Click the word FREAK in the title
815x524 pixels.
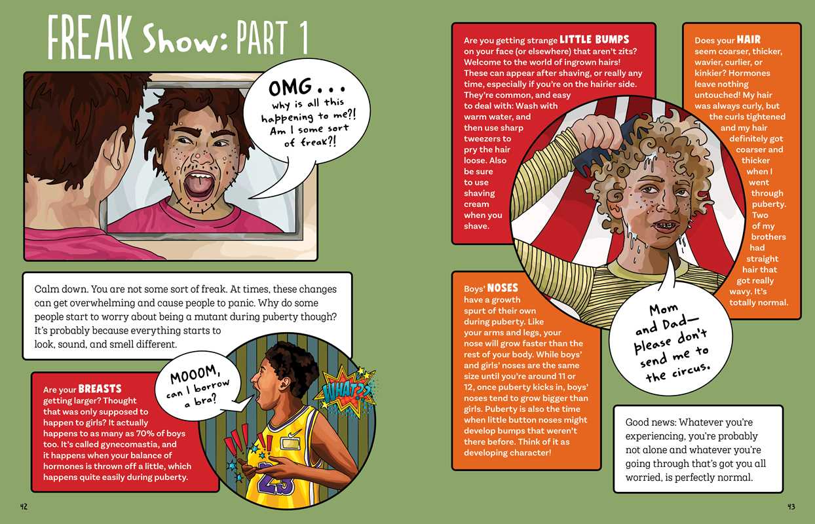(x=90, y=37)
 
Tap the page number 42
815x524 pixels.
(x=24, y=506)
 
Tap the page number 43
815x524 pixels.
(x=791, y=506)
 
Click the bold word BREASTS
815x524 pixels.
(x=100, y=388)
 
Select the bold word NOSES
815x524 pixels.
(x=502, y=288)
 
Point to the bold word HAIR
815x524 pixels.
(x=749, y=39)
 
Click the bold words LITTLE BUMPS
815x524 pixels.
(x=594, y=39)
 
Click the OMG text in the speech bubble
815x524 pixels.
(x=290, y=87)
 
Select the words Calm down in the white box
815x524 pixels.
(x=61, y=289)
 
